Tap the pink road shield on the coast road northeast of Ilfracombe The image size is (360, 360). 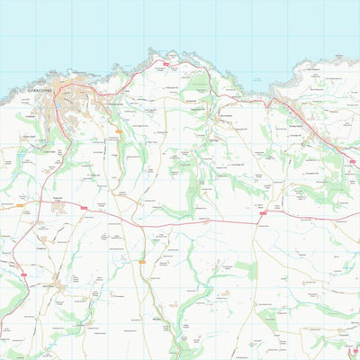pyautogui.click(x=166, y=66)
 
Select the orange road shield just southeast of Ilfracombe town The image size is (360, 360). pyautogui.click(x=118, y=131)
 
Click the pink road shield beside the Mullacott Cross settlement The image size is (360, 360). pyautogui.click(x=84, y=208)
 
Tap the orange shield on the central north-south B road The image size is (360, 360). pyautogui.click(x=140, y=261)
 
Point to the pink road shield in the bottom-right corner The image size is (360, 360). pyautogui.click(x=355, y=350)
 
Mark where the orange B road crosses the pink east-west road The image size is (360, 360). pyautogui.click(x=135, y=221)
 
